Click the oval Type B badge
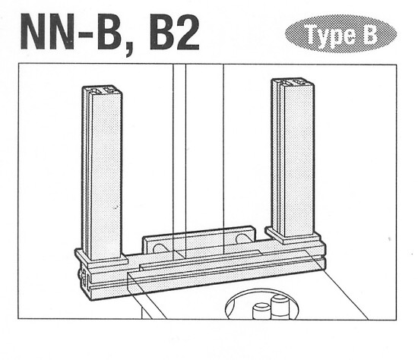point(340,33)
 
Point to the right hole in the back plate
point(242,238)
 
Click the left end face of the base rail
point(81,278)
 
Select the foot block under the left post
point(102,261)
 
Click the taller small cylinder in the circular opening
point(280,307)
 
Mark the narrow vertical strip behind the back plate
point(179,152)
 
